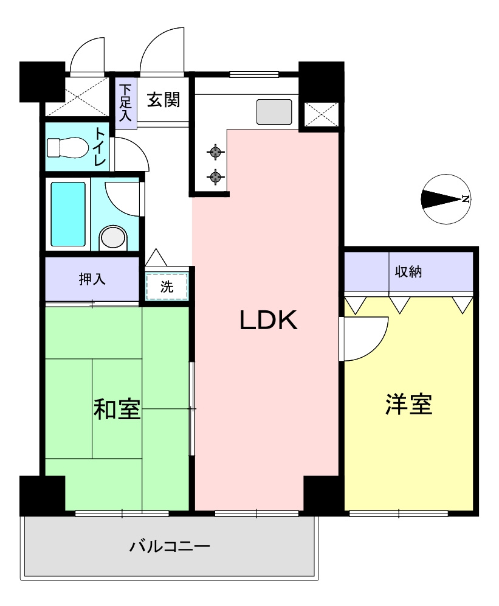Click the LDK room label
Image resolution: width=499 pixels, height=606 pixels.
pos(268,321)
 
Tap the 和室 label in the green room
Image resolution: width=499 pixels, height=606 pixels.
pos(117,409)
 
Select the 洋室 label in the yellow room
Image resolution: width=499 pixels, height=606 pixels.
pos(408,404)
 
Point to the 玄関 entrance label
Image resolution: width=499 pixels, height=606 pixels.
pos(163,99)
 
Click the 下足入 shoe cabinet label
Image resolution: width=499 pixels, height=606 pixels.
pos(125,102)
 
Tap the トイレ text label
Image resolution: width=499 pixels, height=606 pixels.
pos(100,147)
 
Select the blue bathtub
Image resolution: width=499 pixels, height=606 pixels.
pos(67,214)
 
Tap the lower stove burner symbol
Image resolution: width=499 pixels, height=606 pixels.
pos(215,177)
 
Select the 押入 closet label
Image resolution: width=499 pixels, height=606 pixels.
pos(92,279)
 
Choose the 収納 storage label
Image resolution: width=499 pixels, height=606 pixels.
pos(408,272)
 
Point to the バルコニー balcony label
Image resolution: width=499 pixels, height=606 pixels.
pos(170,546)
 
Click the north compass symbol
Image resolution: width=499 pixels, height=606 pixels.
pos(446,199)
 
